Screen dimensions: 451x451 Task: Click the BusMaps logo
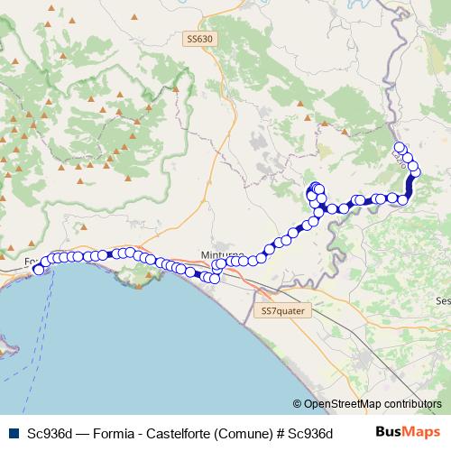coord(407,432)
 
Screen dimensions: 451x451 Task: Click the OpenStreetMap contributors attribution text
coord(373,404)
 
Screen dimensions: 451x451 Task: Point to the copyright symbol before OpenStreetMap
coord(297,404)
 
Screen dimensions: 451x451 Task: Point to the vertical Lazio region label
coord(400,161)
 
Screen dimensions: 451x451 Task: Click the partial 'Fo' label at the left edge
coord(30,264)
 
